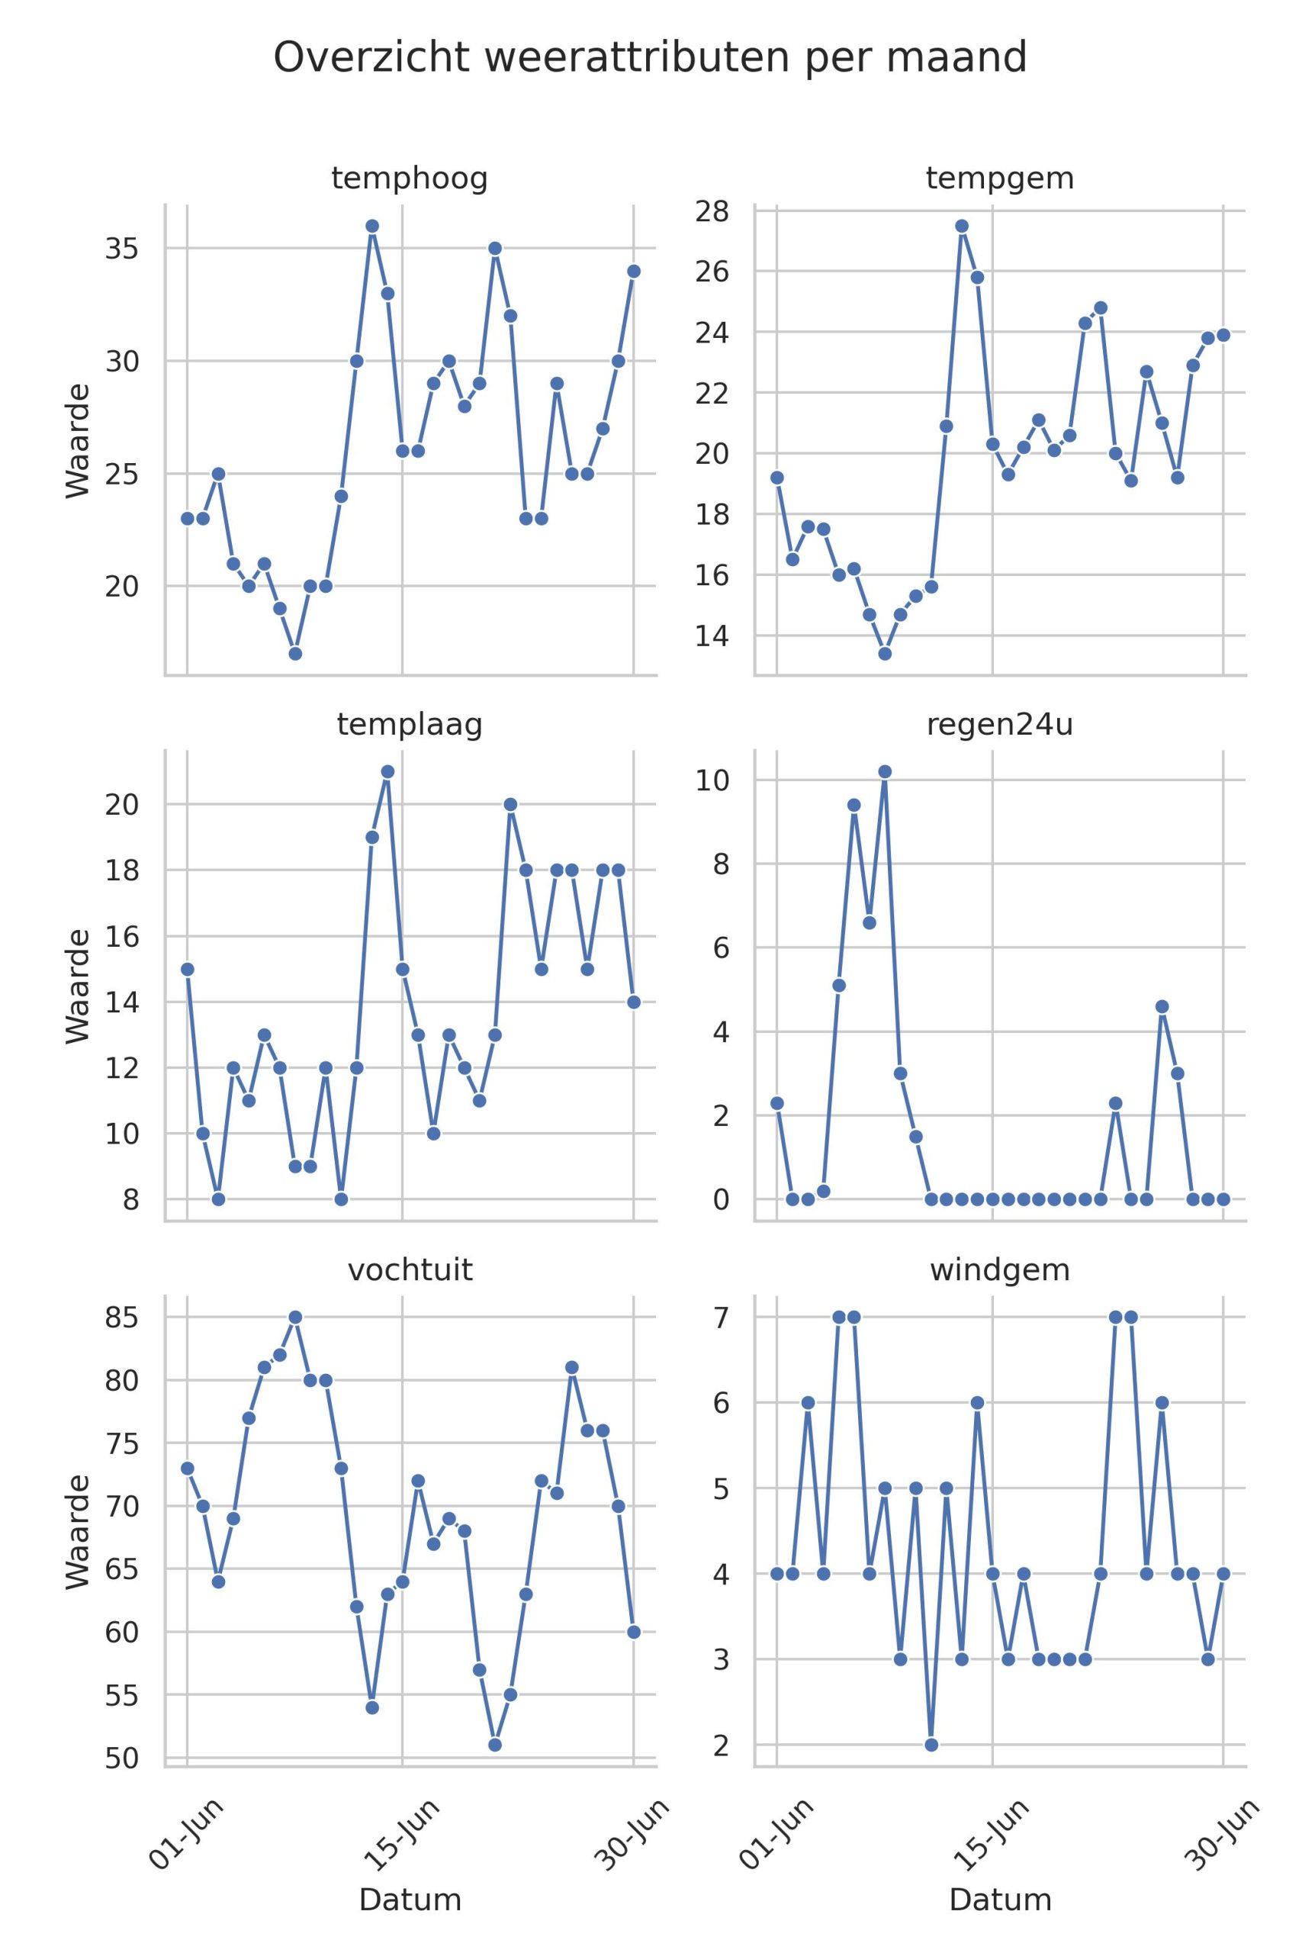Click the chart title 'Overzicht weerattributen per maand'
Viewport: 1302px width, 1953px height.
coord(650,58)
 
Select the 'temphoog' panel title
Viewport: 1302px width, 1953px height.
coord(410,179)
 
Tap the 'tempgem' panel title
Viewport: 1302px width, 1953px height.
coord(1000,179)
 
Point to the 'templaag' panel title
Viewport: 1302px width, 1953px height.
coord(410,725)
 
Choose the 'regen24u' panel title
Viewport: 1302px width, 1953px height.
coord(1000,725)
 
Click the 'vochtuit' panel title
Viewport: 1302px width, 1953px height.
coord(410,1270)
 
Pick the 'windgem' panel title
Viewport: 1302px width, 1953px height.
coord(1000,1270)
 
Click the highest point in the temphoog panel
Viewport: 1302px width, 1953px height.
coord(372,226)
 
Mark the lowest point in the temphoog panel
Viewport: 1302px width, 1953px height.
coord(294,654)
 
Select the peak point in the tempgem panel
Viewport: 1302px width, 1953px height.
coord(962,226)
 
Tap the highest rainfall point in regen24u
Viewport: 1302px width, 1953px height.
coord(884,771)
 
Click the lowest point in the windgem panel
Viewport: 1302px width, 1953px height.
coord(931,1745)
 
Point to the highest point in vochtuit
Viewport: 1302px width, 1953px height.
coord(294,1317)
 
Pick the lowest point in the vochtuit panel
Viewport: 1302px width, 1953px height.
coord(495,1745)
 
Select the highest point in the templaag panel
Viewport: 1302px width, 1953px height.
coord(387,771)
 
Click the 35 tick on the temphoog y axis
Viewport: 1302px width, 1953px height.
coord(121,248)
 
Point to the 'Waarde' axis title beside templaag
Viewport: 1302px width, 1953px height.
coord(77,986)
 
